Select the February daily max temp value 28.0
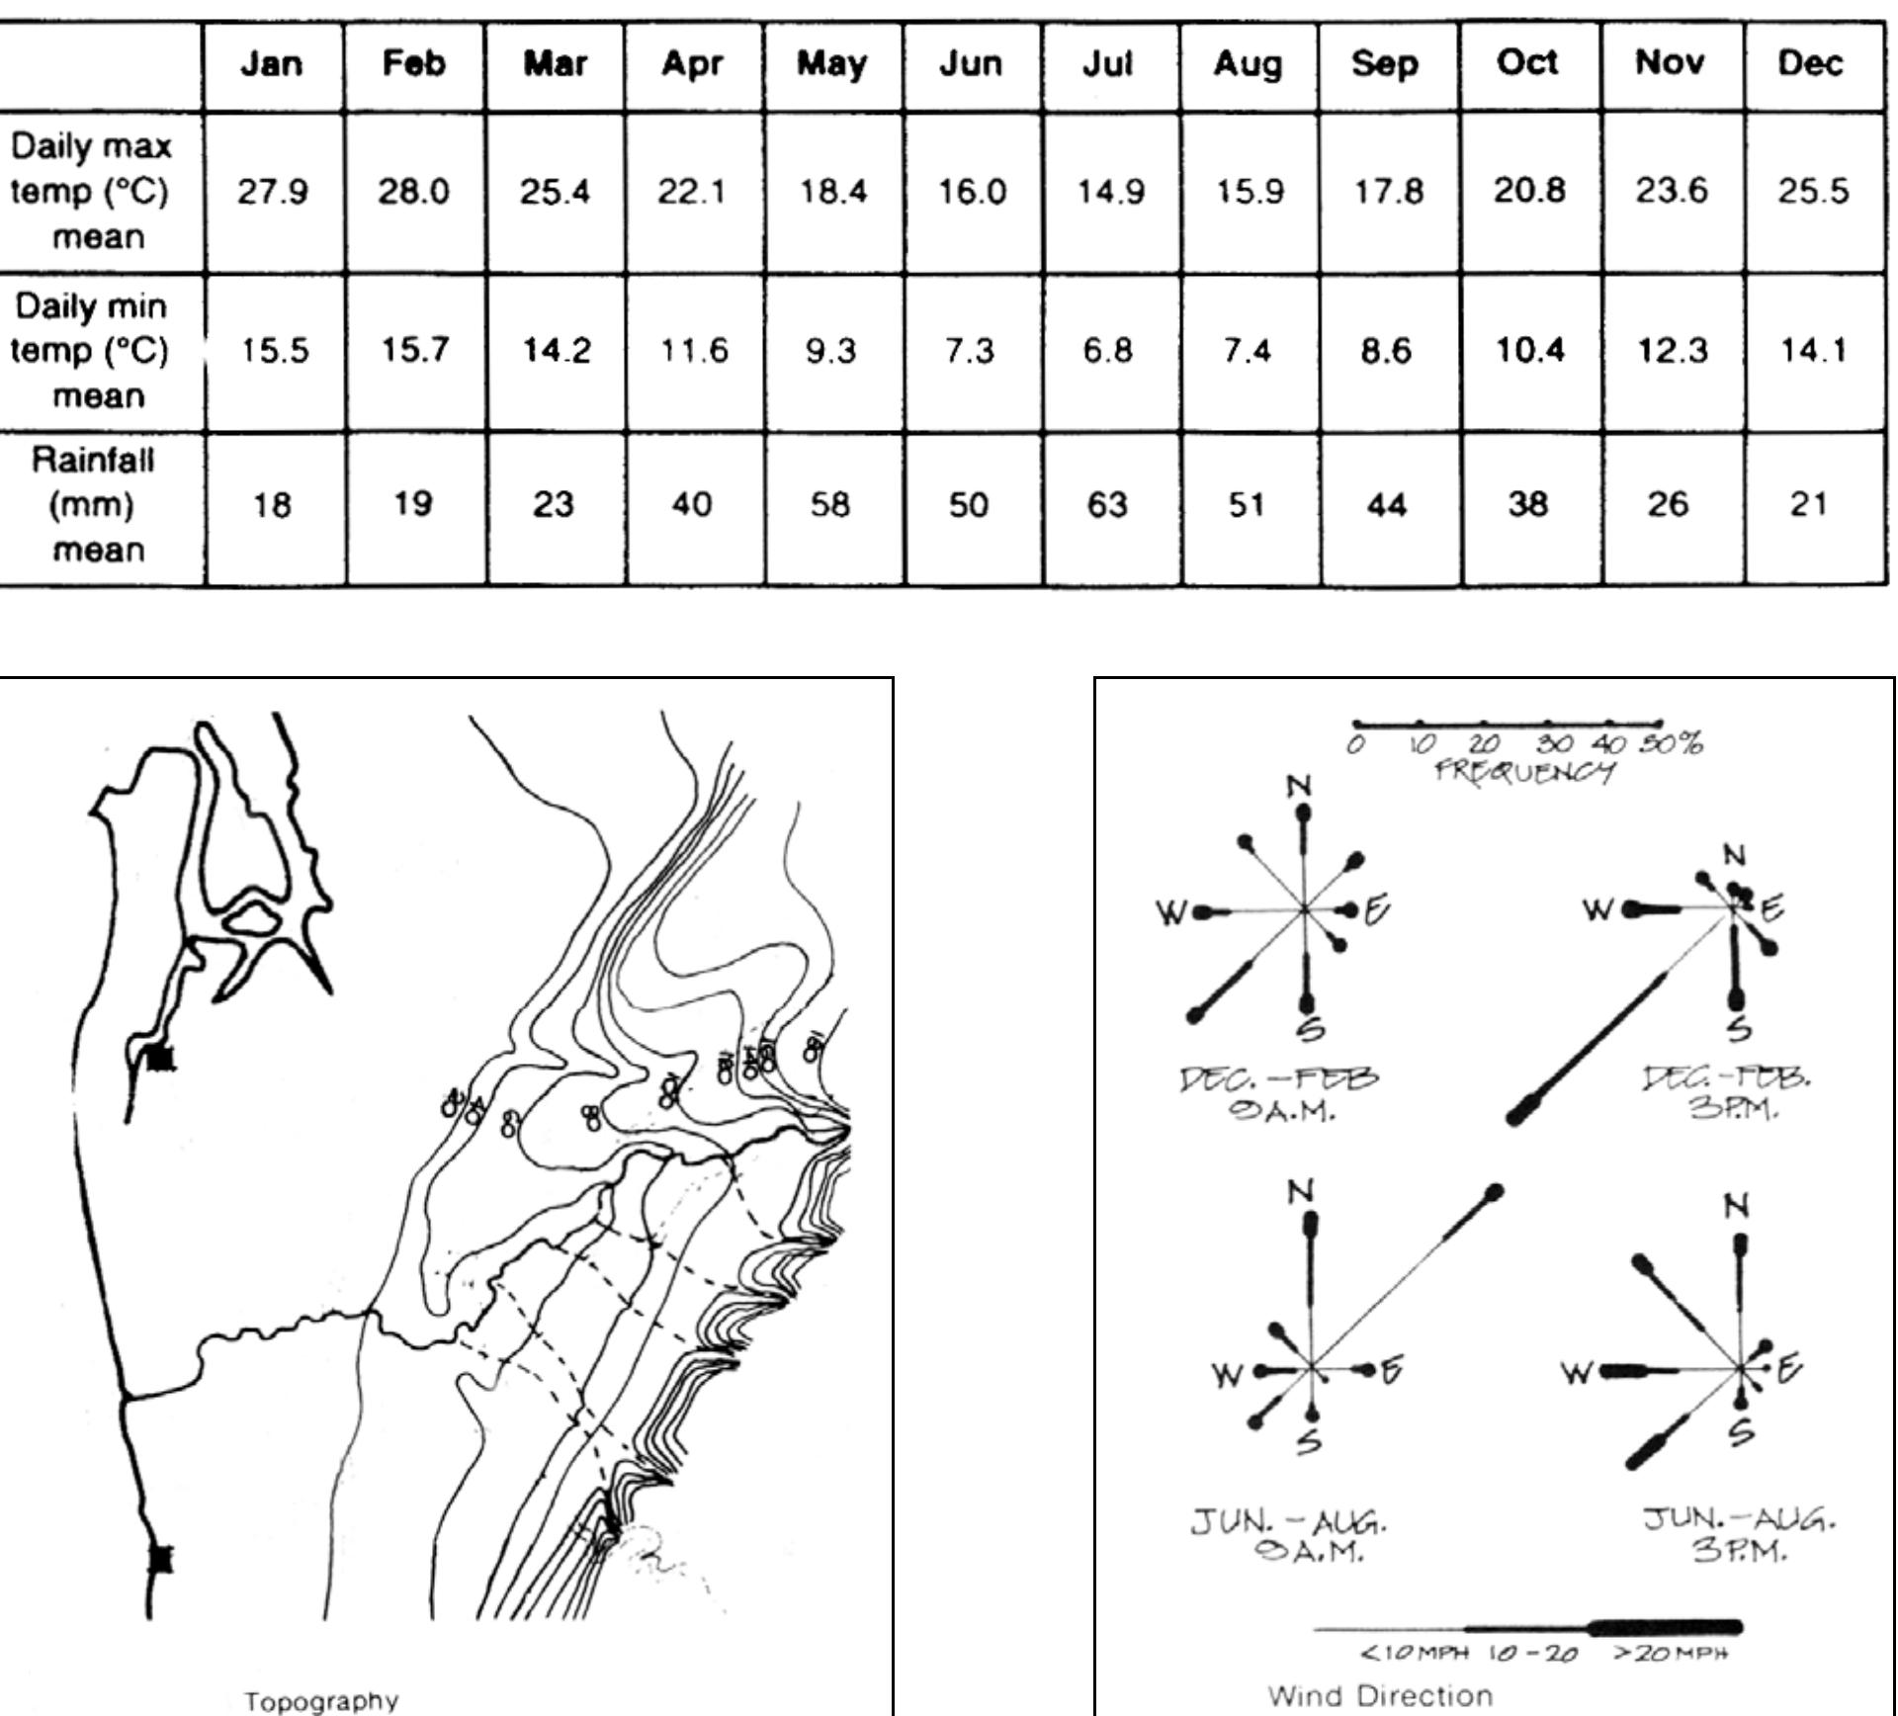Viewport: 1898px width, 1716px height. pos(413,190)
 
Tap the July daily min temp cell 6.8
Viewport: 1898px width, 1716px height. pos(1107,350)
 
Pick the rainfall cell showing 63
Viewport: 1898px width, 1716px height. pos(1107,505)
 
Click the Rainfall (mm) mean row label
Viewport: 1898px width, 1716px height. pos(95,504)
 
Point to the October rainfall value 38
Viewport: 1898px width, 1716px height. pos(1527,505)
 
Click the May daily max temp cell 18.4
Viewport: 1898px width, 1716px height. pos(832,190)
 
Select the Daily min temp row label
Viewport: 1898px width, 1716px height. pos(91,350)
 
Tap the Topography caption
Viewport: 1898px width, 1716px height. pos(321,1701)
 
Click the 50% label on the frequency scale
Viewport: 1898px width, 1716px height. pos(1673,743)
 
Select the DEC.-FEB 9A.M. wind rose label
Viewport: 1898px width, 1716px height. pos(1280,1093)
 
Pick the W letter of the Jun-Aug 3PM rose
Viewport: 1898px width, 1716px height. pos(1577,1372)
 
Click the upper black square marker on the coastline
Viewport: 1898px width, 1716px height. pos(161,1059)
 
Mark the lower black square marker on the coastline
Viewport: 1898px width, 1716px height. pos(161,1559)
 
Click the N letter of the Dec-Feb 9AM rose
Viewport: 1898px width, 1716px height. pos(1300,787)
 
